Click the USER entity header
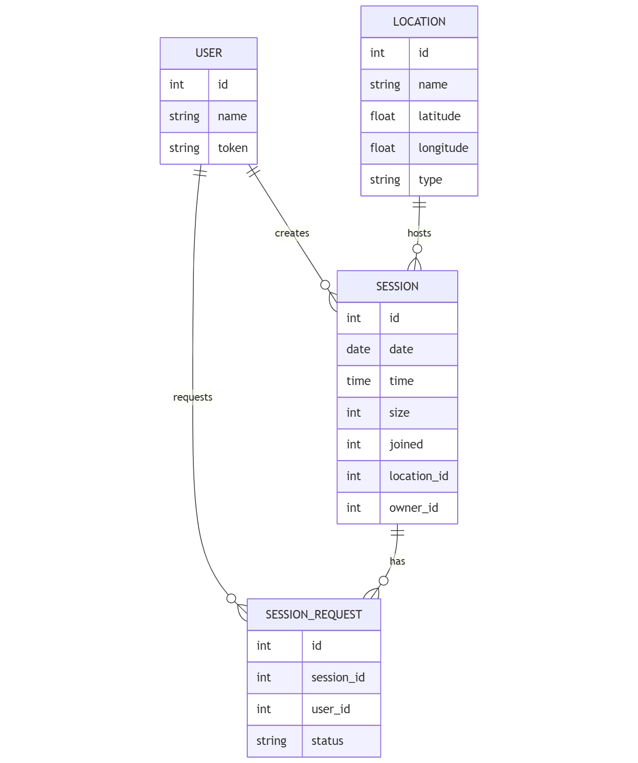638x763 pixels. click(208, 53)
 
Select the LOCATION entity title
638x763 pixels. click(419, 22)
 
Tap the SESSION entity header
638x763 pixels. click(397, 286)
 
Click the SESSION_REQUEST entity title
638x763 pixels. click(313, 615)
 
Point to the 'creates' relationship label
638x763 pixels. click(292, 233)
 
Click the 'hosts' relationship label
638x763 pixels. click(419, 233)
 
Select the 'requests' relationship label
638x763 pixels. click(192, 397)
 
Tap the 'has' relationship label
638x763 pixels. click(397, 561)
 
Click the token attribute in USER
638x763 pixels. click(233, 148)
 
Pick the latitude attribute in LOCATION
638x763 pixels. click(439, 116)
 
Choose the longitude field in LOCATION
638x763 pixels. click(443, 148)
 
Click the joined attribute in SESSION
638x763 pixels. click(406, 444)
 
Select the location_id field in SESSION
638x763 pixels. click(418, 476)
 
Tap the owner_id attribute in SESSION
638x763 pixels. click(413, 508)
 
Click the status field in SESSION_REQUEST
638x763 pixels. click(327, 741)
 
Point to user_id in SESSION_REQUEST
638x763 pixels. click(330, 709)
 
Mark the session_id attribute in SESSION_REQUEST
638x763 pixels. click(338, 677)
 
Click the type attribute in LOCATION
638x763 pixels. click(430, 180)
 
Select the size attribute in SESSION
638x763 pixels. click(399, 413)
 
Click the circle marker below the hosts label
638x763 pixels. click(417, 249)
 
